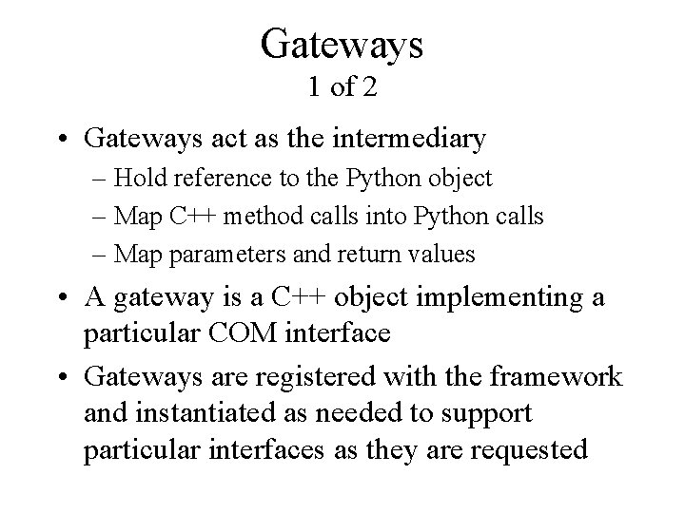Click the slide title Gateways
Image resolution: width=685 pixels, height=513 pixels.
pos(342,44)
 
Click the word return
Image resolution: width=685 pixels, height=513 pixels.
pos(359,255)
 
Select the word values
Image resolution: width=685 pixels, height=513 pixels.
pos(435,255)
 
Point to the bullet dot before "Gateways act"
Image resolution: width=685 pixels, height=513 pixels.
pos(63,140)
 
